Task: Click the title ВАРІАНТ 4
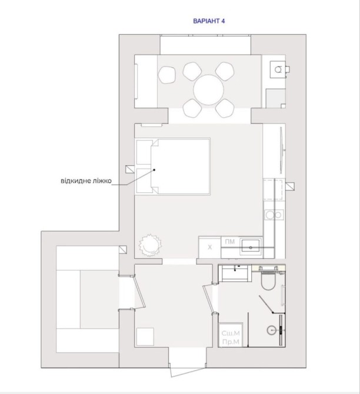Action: click(x=209, y=21)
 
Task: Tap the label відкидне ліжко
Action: click(x=86, y=181)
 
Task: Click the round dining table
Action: click(x=208, y=90)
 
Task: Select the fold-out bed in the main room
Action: click(x=172, y=166)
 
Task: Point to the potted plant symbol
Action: click(x=150, y=245)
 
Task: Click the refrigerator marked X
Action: click(x=209, y=247)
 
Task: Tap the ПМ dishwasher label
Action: click(x=229, y=242)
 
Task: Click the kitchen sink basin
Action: click(x=251, y=245)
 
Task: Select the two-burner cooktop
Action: click(x=274, y=215)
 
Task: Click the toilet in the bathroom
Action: click(x=268, y=279)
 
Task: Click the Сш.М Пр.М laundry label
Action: click(x=231, y=337)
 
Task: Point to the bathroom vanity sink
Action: click(x=235, y=273)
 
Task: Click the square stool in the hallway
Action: click(x=145, y=336)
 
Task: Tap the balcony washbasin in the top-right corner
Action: click(x=278, y=69)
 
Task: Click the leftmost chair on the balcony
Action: click(x=166, y=75)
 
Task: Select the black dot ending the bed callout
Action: click(x=154, y=170)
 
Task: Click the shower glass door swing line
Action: click(x=266, y=304)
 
